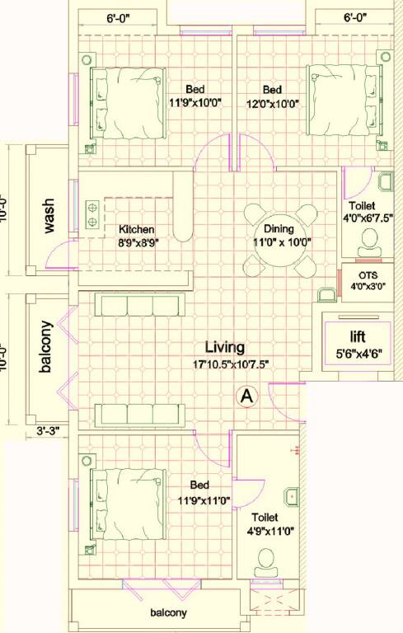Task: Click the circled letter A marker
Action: [x=245, y=396]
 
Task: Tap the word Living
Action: [x=225, y=348]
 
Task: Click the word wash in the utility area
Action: [x=49, y=217]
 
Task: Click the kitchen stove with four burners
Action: [x=92, y=213]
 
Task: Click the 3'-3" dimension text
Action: [x=49, y=429]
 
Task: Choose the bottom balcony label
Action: [x=168, y=612]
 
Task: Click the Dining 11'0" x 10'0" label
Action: [x=280, y=236]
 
